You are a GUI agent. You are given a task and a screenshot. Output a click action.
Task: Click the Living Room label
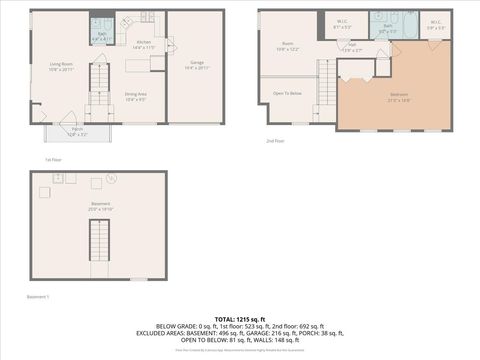pos(62,66)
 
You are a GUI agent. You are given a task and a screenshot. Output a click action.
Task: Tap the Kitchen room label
pos(145,44)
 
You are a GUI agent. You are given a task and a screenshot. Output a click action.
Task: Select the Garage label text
pos(197,64)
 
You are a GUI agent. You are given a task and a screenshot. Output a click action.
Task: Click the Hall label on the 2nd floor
pos(352,45)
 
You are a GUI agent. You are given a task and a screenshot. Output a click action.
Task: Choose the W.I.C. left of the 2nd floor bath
pos(341,23)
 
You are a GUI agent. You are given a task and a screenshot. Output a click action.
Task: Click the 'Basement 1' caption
pos(39,296)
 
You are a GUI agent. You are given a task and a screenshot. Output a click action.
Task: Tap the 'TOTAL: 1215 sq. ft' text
pos(239,316)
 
